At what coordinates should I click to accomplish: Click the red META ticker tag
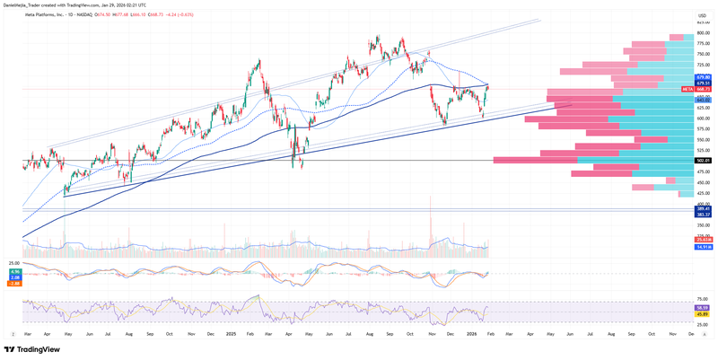687,89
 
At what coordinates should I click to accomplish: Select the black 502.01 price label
704,161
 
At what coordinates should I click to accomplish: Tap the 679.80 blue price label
704,77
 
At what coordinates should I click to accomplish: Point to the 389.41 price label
704,209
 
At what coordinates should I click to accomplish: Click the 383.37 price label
704,215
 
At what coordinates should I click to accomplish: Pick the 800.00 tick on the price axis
704,33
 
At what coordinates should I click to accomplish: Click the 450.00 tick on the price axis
704,182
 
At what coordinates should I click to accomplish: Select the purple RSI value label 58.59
704,307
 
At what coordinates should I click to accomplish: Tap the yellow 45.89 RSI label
704,313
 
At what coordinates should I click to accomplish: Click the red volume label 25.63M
704,240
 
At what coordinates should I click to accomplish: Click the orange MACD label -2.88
15,282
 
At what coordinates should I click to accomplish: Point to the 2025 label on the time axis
231,334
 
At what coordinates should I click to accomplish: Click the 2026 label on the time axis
472,334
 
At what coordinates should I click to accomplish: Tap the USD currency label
702,15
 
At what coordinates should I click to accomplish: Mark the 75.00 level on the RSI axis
704,299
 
